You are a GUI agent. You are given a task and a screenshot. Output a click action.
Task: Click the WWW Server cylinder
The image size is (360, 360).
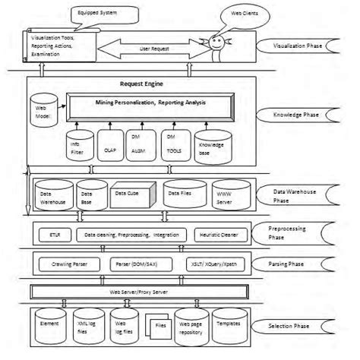click(x=226, y=194)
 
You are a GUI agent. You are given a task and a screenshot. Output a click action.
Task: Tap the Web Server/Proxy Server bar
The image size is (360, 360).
click(x=139, y=292)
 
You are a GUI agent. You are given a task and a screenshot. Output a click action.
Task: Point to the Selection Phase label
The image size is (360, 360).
click(x=295, y=325)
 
